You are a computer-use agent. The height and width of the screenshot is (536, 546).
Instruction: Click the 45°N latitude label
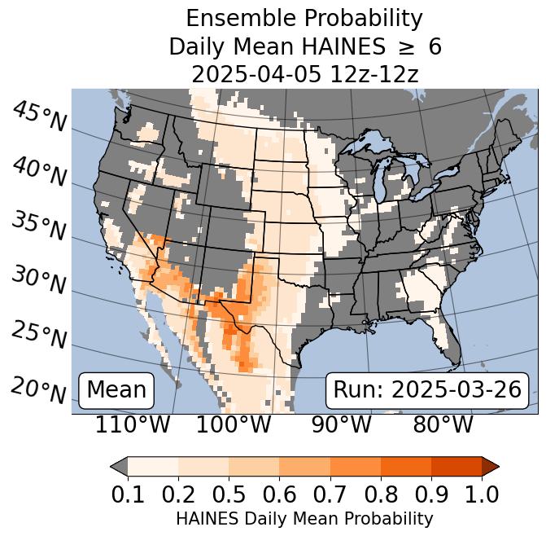point(39,116)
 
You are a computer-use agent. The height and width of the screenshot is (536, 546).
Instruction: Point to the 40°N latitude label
point(39,171)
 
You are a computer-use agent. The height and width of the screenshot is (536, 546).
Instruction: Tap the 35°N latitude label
point(39,226)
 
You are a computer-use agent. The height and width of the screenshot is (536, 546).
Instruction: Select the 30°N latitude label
point(39,280)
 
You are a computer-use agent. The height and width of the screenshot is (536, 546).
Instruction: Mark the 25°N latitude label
point(39,335)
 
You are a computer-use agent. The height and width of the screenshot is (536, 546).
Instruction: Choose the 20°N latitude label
point(39,389)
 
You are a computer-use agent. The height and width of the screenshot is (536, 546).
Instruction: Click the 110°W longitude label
point(133,424)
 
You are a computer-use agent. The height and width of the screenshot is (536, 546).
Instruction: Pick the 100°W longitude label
point(234,424)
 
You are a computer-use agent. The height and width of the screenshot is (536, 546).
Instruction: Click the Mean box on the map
point(116,389)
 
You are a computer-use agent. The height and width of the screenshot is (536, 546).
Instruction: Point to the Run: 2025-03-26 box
point(427,389)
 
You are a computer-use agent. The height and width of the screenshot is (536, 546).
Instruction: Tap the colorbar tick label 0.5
point(229,494)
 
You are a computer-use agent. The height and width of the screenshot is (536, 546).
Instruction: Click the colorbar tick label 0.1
point(128,494)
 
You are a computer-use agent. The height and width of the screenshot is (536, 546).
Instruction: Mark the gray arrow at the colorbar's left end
point(119,466)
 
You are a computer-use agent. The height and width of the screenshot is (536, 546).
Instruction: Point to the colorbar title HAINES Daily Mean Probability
point(304,518)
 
